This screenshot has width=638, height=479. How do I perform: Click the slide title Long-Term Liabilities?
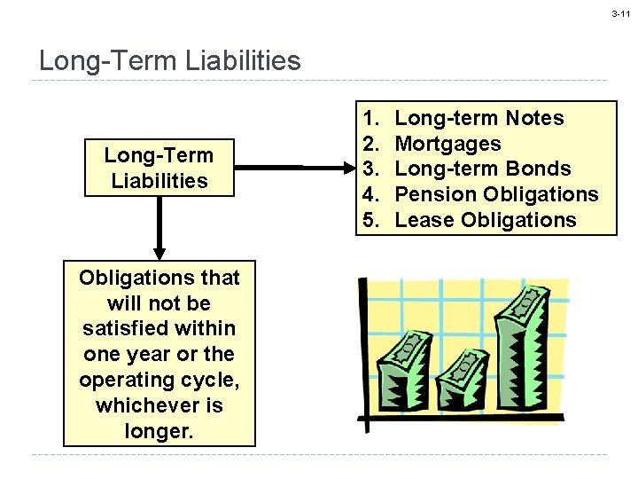coord(170,61)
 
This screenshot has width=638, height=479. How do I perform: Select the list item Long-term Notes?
coord(478,118)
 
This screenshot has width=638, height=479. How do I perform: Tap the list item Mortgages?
coord(447,144)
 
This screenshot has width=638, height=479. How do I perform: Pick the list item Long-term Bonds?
coord(482,169)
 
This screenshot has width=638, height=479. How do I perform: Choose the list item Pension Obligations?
coord(496,194)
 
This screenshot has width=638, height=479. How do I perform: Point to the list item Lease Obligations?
coord(485,220)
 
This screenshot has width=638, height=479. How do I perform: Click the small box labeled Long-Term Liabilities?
coord(159,168)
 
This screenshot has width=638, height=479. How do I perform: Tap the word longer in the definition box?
coord(159,431)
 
